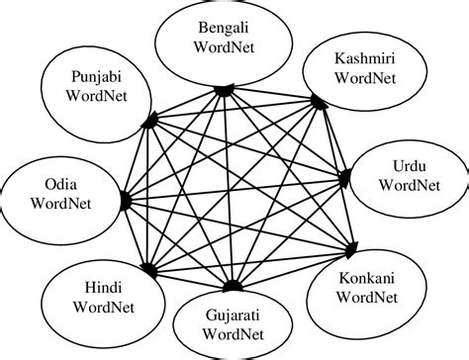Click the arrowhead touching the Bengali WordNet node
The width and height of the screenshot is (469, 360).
click(x=227, y=89)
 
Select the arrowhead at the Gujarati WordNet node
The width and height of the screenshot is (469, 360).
click(x=230, y=287)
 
